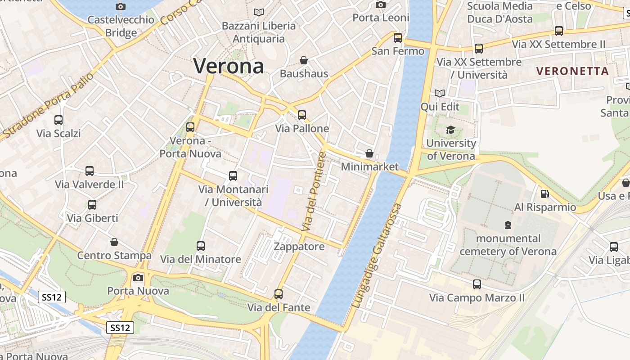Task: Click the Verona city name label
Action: [x=229, y=66]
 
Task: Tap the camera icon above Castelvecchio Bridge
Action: [x=121, y=6]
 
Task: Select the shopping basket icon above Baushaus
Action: [x=304, y=60]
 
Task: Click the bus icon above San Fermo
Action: [x=398, y=38]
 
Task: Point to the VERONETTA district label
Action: [x=572, y=71]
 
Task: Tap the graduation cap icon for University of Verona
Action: [x=450, y=130]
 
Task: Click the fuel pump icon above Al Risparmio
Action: [x=545, y=194]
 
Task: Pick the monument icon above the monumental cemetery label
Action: [x=508, y=225]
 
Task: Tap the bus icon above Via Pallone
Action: [x=302, y=115]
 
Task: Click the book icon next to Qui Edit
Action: [x=440, y=94]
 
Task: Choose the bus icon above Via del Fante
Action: [x=279, y=294]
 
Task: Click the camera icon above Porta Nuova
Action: [x=138, y=278]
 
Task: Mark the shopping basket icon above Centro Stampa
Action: [x=114, y=242]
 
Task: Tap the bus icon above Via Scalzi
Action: [x=58, y=120]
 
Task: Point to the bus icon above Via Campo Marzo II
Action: [x=477, y=284]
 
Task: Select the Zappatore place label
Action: [x=299, y=247]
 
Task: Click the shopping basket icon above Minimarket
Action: [x=369, y=153]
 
